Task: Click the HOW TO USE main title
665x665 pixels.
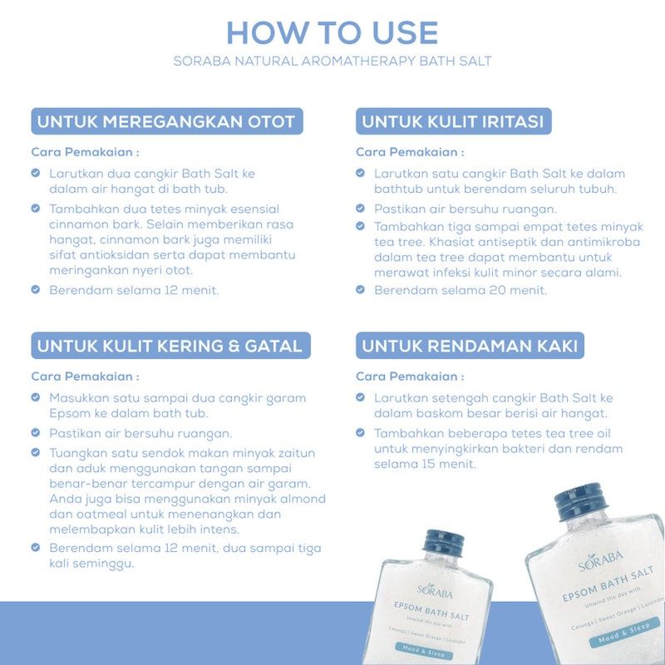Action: [x=332, y=32]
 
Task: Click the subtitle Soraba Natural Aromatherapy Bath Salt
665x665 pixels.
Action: [x=332, y=61]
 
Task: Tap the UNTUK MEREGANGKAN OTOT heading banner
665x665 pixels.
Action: [x=167, y=121]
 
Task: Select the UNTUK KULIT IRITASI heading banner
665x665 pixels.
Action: [x=453, y=121]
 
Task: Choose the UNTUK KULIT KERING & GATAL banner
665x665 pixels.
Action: [x=171, y=346]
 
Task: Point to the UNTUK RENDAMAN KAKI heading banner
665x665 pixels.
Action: [x=470, y=346]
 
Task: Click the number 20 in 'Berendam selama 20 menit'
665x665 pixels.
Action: [x=497, y=290]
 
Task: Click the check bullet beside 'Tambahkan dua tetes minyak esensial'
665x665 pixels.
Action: [x=36, y=209]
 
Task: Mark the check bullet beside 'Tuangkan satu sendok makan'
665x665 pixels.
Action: [x=36, y=452]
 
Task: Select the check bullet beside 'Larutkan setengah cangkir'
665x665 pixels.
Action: [x=360, y=397]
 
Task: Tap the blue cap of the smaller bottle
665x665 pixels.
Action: [x=443, y=542]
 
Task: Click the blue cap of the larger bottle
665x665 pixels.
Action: [x=581, y=501]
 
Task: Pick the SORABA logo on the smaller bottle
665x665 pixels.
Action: [x=435, y=590]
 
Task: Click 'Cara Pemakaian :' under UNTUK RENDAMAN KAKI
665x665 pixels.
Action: [x=410, y=377]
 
